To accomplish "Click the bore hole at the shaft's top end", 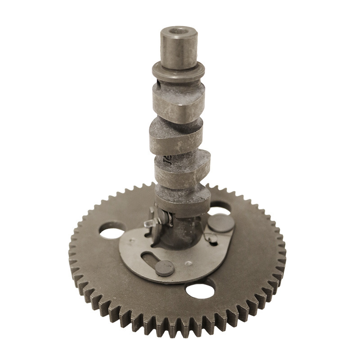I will tap(179, 32).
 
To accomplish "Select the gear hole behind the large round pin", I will tap(220, 207).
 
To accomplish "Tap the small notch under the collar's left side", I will tap(158, 83).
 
